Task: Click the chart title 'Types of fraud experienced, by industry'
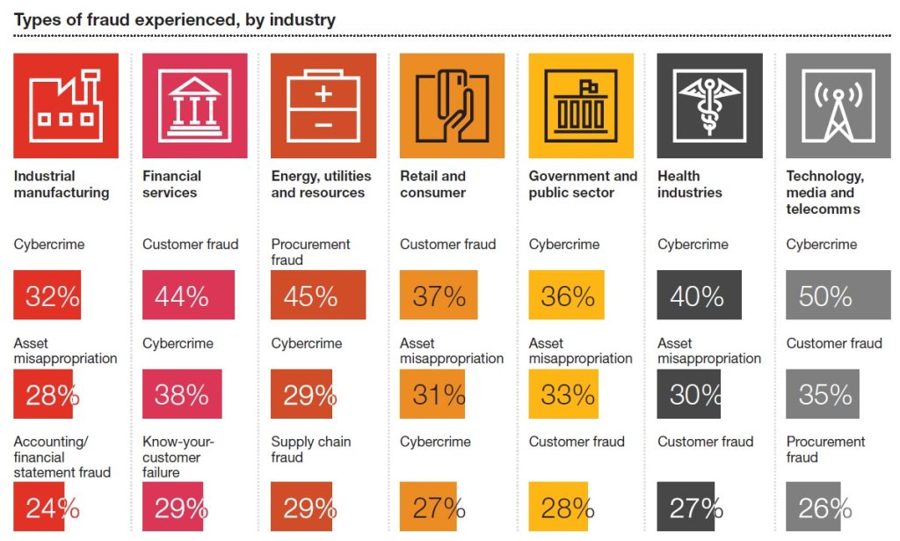(175, 19)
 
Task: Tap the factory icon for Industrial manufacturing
(66, 106)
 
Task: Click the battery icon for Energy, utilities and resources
(323, 106)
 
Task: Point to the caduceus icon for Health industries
(709, 106)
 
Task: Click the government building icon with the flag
(580, 106)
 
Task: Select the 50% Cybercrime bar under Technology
(838, 296)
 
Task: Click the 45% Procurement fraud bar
(318, 296)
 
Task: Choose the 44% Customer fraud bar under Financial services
(188, 296)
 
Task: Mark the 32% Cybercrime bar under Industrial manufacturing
(47, 296)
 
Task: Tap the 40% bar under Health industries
(700, 296)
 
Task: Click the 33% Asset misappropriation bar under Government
(563, 394)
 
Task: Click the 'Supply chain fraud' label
(311, 450)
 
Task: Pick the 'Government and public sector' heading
(583, 184)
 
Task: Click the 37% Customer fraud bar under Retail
(439, 296)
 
